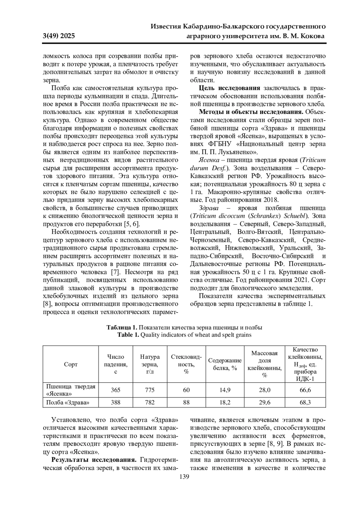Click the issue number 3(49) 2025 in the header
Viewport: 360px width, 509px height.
pos(59,37)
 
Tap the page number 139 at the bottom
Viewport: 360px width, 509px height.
pos(184,477)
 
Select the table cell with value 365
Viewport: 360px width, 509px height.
pos(115,390)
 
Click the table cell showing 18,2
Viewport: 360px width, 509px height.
pos(225,403)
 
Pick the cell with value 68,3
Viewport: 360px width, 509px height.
pos(305,403)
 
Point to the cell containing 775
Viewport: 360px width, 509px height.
pos(150,390)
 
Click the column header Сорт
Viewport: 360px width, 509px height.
pos(70,364)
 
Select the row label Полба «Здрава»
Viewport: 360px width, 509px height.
pos(67,403)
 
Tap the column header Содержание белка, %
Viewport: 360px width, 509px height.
pos(225,364)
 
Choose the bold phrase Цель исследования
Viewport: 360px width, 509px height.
pos(229,88)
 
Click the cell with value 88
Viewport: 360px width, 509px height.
pos(186,403)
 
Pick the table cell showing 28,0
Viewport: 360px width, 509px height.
pos(264,390)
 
